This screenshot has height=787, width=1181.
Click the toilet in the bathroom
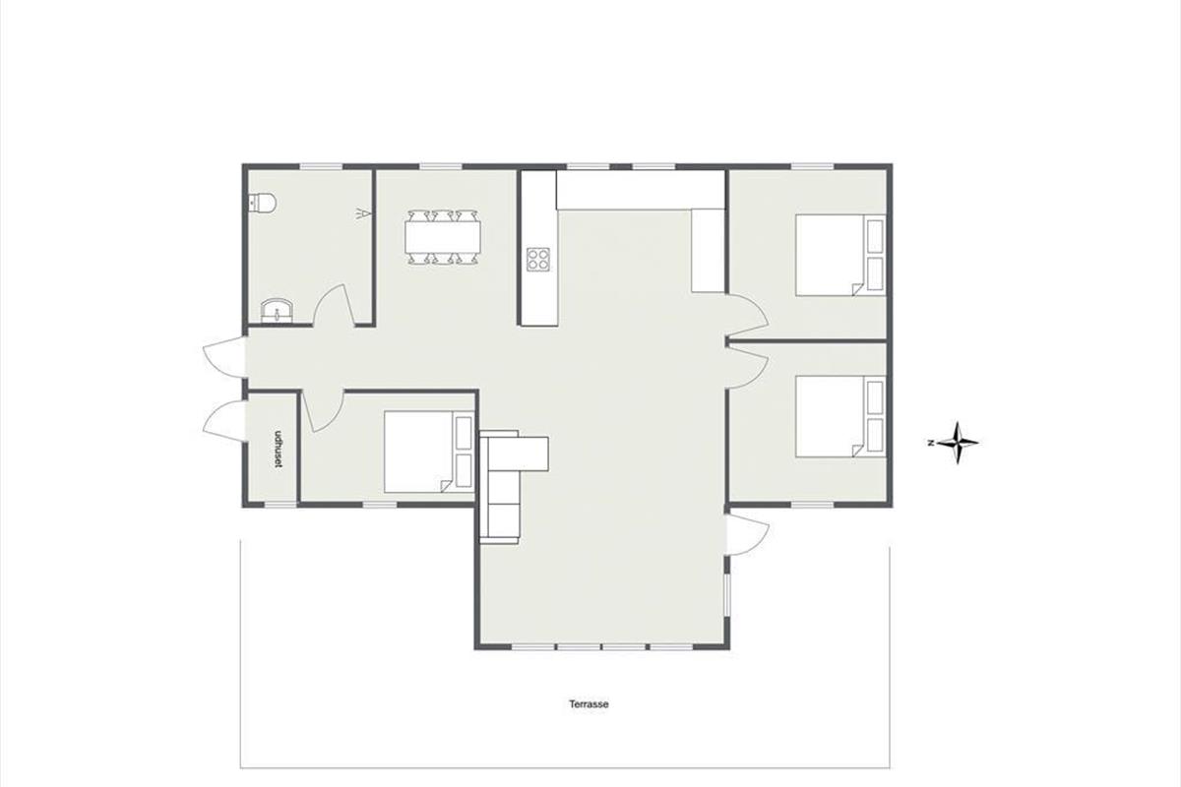(262, 203)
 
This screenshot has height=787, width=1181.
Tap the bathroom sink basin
(277, 311)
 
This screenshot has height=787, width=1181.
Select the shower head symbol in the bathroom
(363, 213)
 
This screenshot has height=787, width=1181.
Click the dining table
(443, 237)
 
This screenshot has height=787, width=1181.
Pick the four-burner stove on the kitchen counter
(537, 259)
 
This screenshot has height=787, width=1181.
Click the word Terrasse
(589, 703)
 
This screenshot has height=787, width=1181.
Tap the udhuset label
(277, 450)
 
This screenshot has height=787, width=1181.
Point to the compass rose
(958, 443)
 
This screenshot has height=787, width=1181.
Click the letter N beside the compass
(931, 443)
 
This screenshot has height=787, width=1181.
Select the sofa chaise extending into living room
(532, 453)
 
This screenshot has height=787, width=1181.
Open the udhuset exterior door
(224, 421)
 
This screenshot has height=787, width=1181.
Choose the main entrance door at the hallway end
(224, 356)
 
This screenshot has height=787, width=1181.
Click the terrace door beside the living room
(748, 533)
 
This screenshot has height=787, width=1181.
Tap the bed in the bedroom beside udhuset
(429, 452)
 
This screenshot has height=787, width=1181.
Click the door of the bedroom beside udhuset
(323, 411)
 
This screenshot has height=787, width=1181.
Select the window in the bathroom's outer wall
(321, 166)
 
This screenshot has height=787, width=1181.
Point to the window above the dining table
(441, 166)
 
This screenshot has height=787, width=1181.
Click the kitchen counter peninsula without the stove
(708, 251)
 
